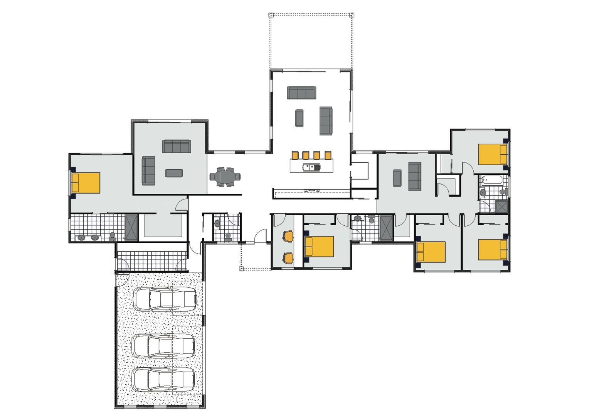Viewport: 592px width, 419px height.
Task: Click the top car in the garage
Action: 165,299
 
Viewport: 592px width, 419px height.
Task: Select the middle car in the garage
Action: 164,346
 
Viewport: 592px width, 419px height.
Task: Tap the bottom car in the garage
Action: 164,379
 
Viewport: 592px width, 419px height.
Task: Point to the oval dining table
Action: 225,177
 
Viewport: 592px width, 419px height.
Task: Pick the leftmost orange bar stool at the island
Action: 295,155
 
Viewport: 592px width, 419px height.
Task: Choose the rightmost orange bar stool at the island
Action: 328,155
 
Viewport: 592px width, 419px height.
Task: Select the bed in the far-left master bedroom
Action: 86,183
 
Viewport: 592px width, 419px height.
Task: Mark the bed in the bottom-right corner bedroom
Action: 493,250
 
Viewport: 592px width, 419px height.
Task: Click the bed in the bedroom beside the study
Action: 319,247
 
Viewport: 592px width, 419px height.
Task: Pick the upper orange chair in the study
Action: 288,236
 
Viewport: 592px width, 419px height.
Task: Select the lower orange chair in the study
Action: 288,257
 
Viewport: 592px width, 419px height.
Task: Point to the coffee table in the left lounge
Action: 174,173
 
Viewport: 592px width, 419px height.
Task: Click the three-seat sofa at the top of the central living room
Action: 301,93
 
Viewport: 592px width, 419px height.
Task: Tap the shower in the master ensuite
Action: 131,228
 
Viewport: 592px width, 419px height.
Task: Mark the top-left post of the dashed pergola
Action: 271,15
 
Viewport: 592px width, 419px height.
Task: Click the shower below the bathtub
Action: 501,207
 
